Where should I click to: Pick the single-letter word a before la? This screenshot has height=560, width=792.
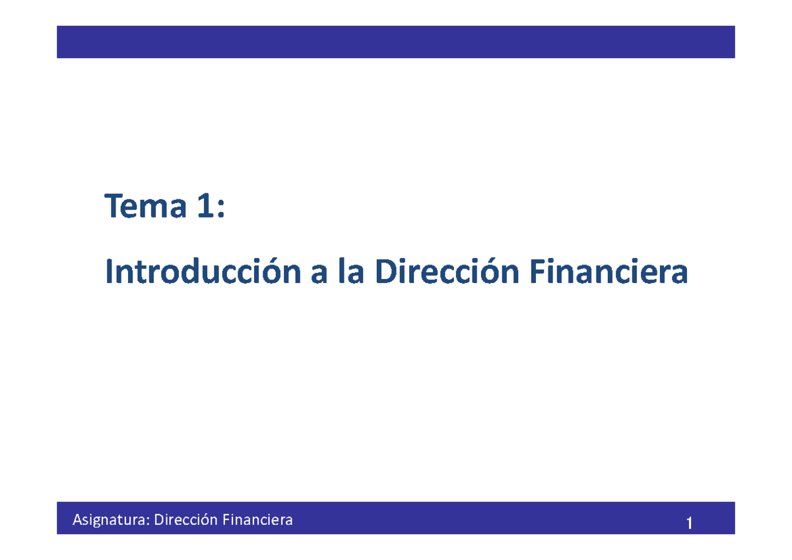point(319,275)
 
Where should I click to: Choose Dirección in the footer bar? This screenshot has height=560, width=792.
point(185,520)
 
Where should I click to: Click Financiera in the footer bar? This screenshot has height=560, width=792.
point(257,520)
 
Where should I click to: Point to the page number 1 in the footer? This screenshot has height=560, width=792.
point(689,524)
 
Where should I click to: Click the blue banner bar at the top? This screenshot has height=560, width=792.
point(395,42)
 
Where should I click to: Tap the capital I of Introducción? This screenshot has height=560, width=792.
point(110,272)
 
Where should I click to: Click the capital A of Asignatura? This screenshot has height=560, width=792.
point(77,520)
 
